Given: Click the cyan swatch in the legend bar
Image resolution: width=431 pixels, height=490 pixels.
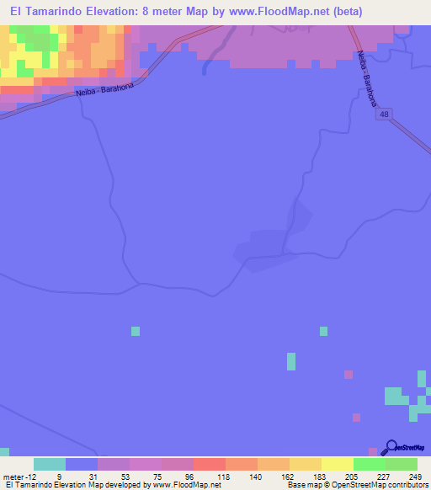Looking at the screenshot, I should point(50,464).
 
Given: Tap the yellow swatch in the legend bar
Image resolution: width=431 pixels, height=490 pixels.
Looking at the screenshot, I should point(337,464).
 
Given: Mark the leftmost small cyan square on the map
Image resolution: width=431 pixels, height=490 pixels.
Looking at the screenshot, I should point(135,331).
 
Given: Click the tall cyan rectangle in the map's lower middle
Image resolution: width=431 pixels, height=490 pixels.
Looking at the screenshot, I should point(291,361).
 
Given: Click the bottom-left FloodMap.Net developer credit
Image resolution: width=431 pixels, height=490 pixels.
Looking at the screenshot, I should point(114,485).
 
